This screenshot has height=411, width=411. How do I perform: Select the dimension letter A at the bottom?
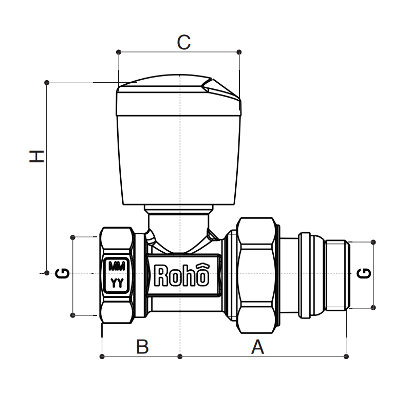tap(257, 347)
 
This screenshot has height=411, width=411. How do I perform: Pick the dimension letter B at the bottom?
tap(142, 347)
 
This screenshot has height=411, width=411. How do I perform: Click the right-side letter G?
tap(364, 273)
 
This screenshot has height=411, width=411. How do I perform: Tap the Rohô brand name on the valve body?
tap(182, 276)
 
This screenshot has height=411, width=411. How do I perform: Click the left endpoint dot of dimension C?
tap(119, 51)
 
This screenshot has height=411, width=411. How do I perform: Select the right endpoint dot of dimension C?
tap(239, 51)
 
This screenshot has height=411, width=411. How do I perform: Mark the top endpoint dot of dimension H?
tap(47, 82)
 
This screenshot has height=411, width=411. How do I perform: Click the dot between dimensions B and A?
tap(179, 356)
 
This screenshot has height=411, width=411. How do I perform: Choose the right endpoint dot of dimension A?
tap(346, 356)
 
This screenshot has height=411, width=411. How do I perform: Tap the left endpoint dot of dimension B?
tap(103, 356)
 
